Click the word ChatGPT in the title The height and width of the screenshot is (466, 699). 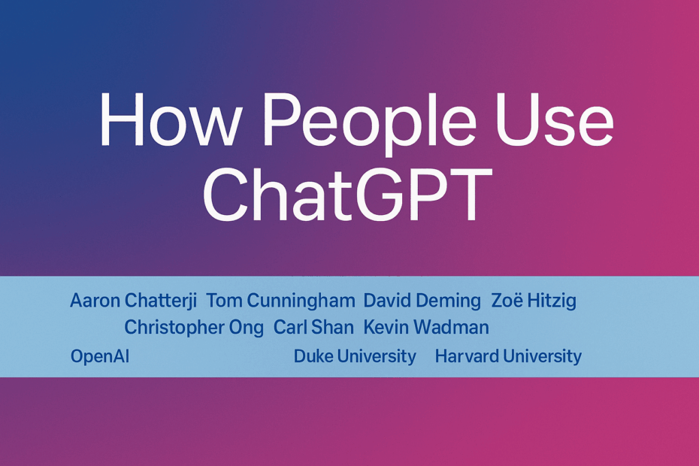click(348, 195)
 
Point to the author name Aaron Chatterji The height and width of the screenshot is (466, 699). click(133, 301)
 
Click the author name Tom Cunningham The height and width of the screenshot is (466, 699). click(280, 301)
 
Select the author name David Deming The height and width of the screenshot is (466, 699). click(422, 301)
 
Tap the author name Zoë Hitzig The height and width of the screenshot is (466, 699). click(534, 301)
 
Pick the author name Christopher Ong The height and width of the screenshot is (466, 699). click(194, 328)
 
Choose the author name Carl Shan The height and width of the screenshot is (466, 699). click(313, 327)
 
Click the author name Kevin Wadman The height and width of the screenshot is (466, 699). click(426, 327)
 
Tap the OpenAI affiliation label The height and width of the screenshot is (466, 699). click(100, 357)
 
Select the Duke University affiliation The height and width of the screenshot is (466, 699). click(355, 357)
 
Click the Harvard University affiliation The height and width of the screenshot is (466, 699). click(508, 357)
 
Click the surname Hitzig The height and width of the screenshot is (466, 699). click(552, 301)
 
